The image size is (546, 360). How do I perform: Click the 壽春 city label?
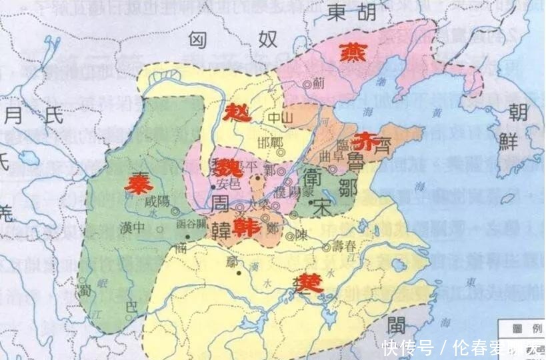click(x=346, y=245)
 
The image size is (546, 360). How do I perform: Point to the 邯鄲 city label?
click(x=271, y=143)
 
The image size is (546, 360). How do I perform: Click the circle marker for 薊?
click(x=307, y=85)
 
